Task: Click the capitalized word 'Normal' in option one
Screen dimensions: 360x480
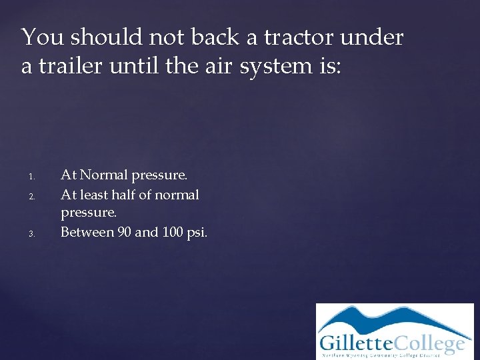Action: tap(104, 175)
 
